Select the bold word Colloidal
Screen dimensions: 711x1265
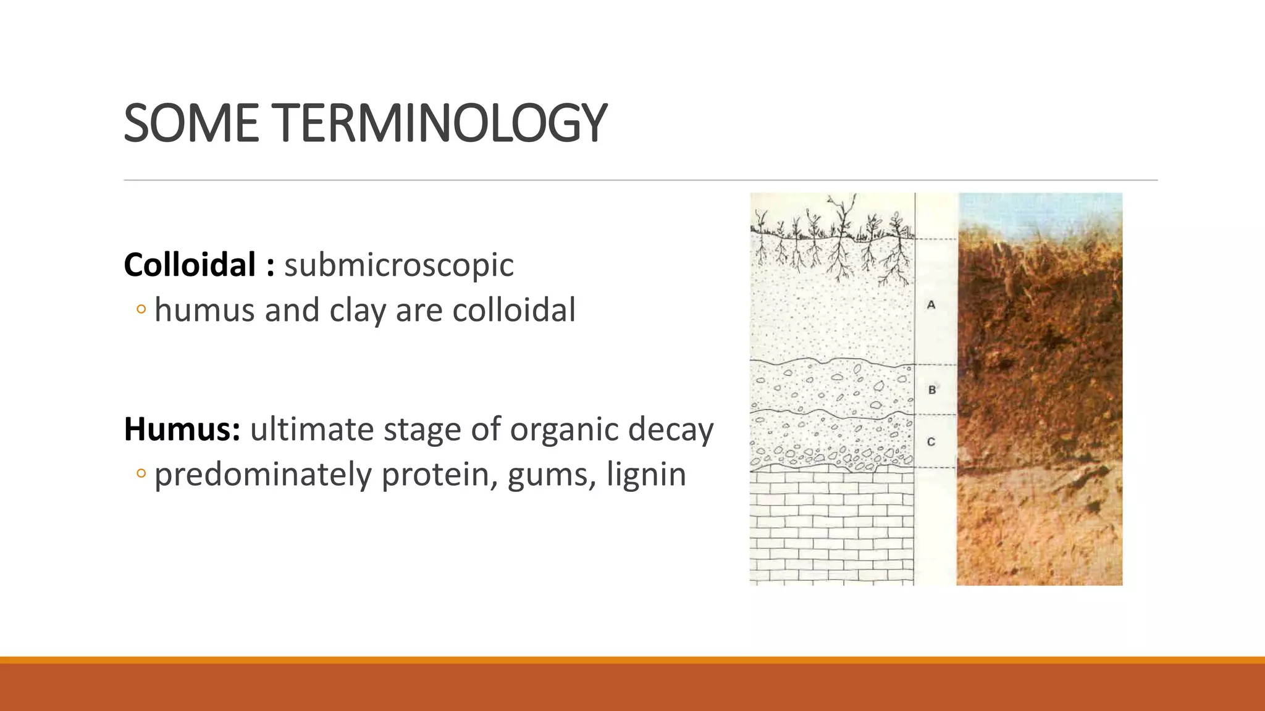(x=190, y=265)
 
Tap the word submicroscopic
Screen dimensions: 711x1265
(x=398, y=265)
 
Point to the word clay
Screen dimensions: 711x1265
(x=357, y=310)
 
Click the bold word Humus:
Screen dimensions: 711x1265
(x=182, y=429)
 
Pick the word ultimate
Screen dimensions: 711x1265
(x=312, y=429)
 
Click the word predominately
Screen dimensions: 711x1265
(x=263, y=475)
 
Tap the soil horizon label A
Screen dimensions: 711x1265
(x=931, y=304)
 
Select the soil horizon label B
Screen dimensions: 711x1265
(x=932, y=390)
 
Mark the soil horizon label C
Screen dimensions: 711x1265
(x=931, y=442)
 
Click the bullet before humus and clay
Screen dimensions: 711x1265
(x=141, y=310)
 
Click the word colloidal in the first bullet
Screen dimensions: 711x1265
(x=514, y=310)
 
